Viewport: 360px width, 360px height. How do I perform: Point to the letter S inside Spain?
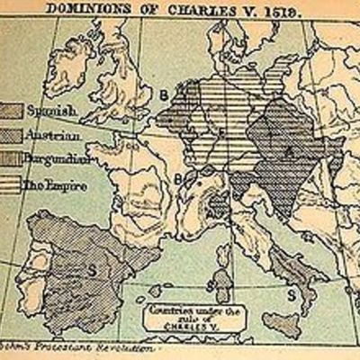92,267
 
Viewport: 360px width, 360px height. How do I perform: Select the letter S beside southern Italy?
291,293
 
